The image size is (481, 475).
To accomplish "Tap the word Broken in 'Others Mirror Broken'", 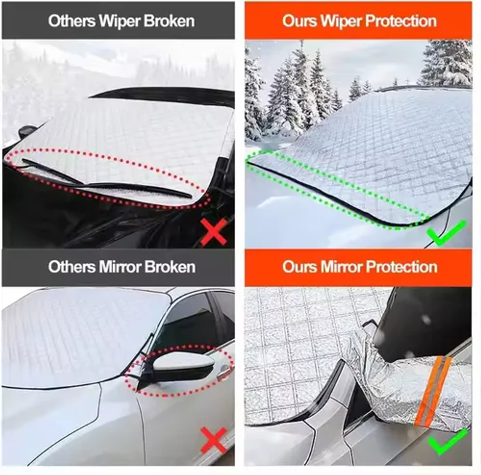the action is [x=170, y=266].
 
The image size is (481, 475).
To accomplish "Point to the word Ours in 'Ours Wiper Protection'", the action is [x=299, y=21].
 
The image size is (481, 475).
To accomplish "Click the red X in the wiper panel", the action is [x=214, y=231].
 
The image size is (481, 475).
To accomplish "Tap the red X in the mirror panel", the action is [x=214, y=440].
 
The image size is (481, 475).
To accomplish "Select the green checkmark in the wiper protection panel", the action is [x=447, y=233].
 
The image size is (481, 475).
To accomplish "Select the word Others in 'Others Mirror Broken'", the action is [x=72, y=266].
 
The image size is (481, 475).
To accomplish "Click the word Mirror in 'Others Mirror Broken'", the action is [x=120, y=266].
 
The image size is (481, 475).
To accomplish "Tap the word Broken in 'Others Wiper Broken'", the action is [x=169, y=21].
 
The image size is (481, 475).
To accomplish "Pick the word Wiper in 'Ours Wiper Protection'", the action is [x=341, y=21].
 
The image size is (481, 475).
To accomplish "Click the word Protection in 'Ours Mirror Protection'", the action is [x=402, y=266].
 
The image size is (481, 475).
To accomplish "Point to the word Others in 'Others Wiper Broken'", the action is [x=72, y=21].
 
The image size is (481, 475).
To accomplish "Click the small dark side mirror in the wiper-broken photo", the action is [x=27, y=131].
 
